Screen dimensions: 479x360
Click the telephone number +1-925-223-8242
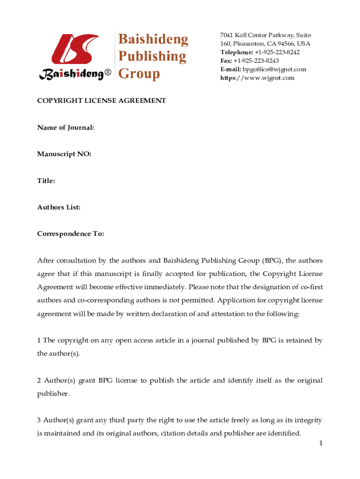click(x=277, y=52)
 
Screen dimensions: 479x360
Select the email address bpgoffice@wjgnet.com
click(x=274, y=69)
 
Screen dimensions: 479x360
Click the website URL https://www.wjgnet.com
click(x=258, y=78)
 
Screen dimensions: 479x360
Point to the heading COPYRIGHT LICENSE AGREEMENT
click(x=101, y=101)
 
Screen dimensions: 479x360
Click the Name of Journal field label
click(x=65, y=127)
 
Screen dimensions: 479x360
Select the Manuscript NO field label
click(x=64, y=153)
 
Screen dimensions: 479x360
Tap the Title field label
click(x=46, y=180)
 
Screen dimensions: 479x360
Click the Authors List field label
click(x=59, y=207)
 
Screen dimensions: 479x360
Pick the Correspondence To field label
click(x=71, y=233)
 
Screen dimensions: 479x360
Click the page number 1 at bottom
click(x=321, y=443)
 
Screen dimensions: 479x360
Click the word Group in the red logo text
click(x=139, y=74)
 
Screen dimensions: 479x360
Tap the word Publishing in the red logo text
click(x=151, y=57)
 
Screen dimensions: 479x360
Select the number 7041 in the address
click(x=227, y=36)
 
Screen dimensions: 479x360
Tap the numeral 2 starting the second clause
click(x=39, y=380)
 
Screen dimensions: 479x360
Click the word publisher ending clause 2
click(x=53, y=393)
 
